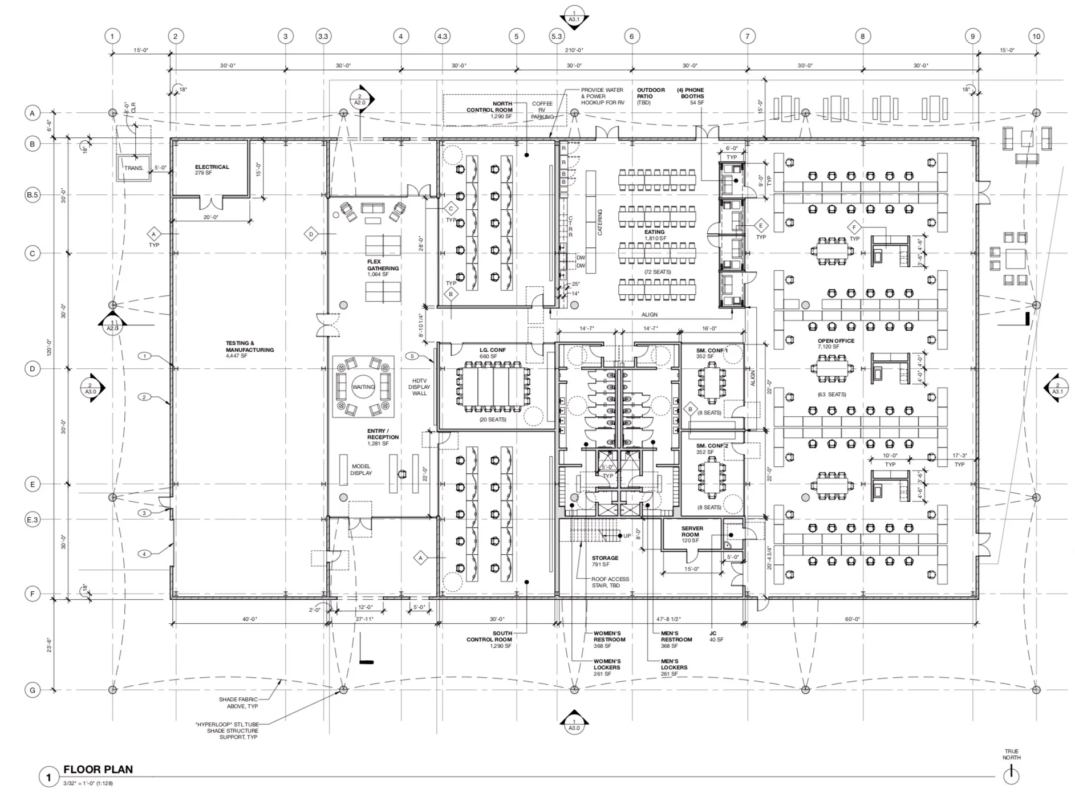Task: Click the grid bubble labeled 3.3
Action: click(323, 36)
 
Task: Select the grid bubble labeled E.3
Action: click(33, 519)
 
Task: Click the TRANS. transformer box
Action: click(134, 168)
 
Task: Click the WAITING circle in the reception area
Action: click(363, 387)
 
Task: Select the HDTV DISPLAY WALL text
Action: click(419, 387)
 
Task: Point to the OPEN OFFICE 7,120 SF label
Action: click(835, 343)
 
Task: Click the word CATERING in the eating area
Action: click(600, 222)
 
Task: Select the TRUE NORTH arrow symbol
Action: click(1011, 774)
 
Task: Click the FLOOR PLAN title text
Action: click(98, 769)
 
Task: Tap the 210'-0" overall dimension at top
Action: click(574, 50)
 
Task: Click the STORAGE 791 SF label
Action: click(605, 560)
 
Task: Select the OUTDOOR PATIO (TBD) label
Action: click(651, 96)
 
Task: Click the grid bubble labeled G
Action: click(33, 690)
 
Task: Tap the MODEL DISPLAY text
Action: click(361, 469)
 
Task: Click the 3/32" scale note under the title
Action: click(88, 783)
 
